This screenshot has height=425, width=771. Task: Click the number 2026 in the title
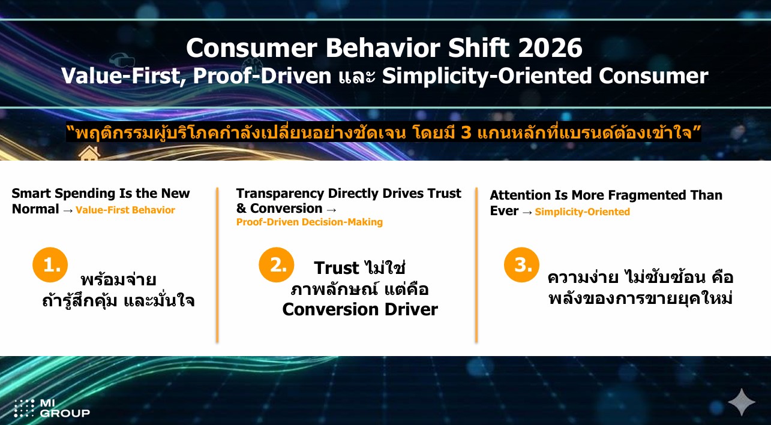[550, 48]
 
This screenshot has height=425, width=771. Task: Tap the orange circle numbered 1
[50, 264]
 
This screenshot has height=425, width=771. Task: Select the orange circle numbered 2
[277, 264]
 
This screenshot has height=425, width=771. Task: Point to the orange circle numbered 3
[521, 264]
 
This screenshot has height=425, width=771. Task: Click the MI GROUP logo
[52, 408]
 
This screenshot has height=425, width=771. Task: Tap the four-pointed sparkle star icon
[742, 402]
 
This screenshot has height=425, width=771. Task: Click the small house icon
[89, 153]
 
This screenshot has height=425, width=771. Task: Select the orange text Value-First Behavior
[125, 210]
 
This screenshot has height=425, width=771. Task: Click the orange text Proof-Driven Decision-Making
[310, 222]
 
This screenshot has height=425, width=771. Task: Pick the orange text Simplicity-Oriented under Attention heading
[583, 212]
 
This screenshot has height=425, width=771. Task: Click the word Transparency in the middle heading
[280, 194]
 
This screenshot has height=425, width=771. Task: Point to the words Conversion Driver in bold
[360, 309]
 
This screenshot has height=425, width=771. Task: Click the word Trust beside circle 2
[336, 268]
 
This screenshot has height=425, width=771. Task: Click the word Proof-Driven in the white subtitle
[262, 76]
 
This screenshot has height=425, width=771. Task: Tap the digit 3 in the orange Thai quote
[466, 132]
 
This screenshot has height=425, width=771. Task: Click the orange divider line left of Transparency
[217, 265]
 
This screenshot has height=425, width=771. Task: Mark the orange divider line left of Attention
[476, 265]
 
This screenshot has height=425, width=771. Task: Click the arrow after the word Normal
[68, 210]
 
